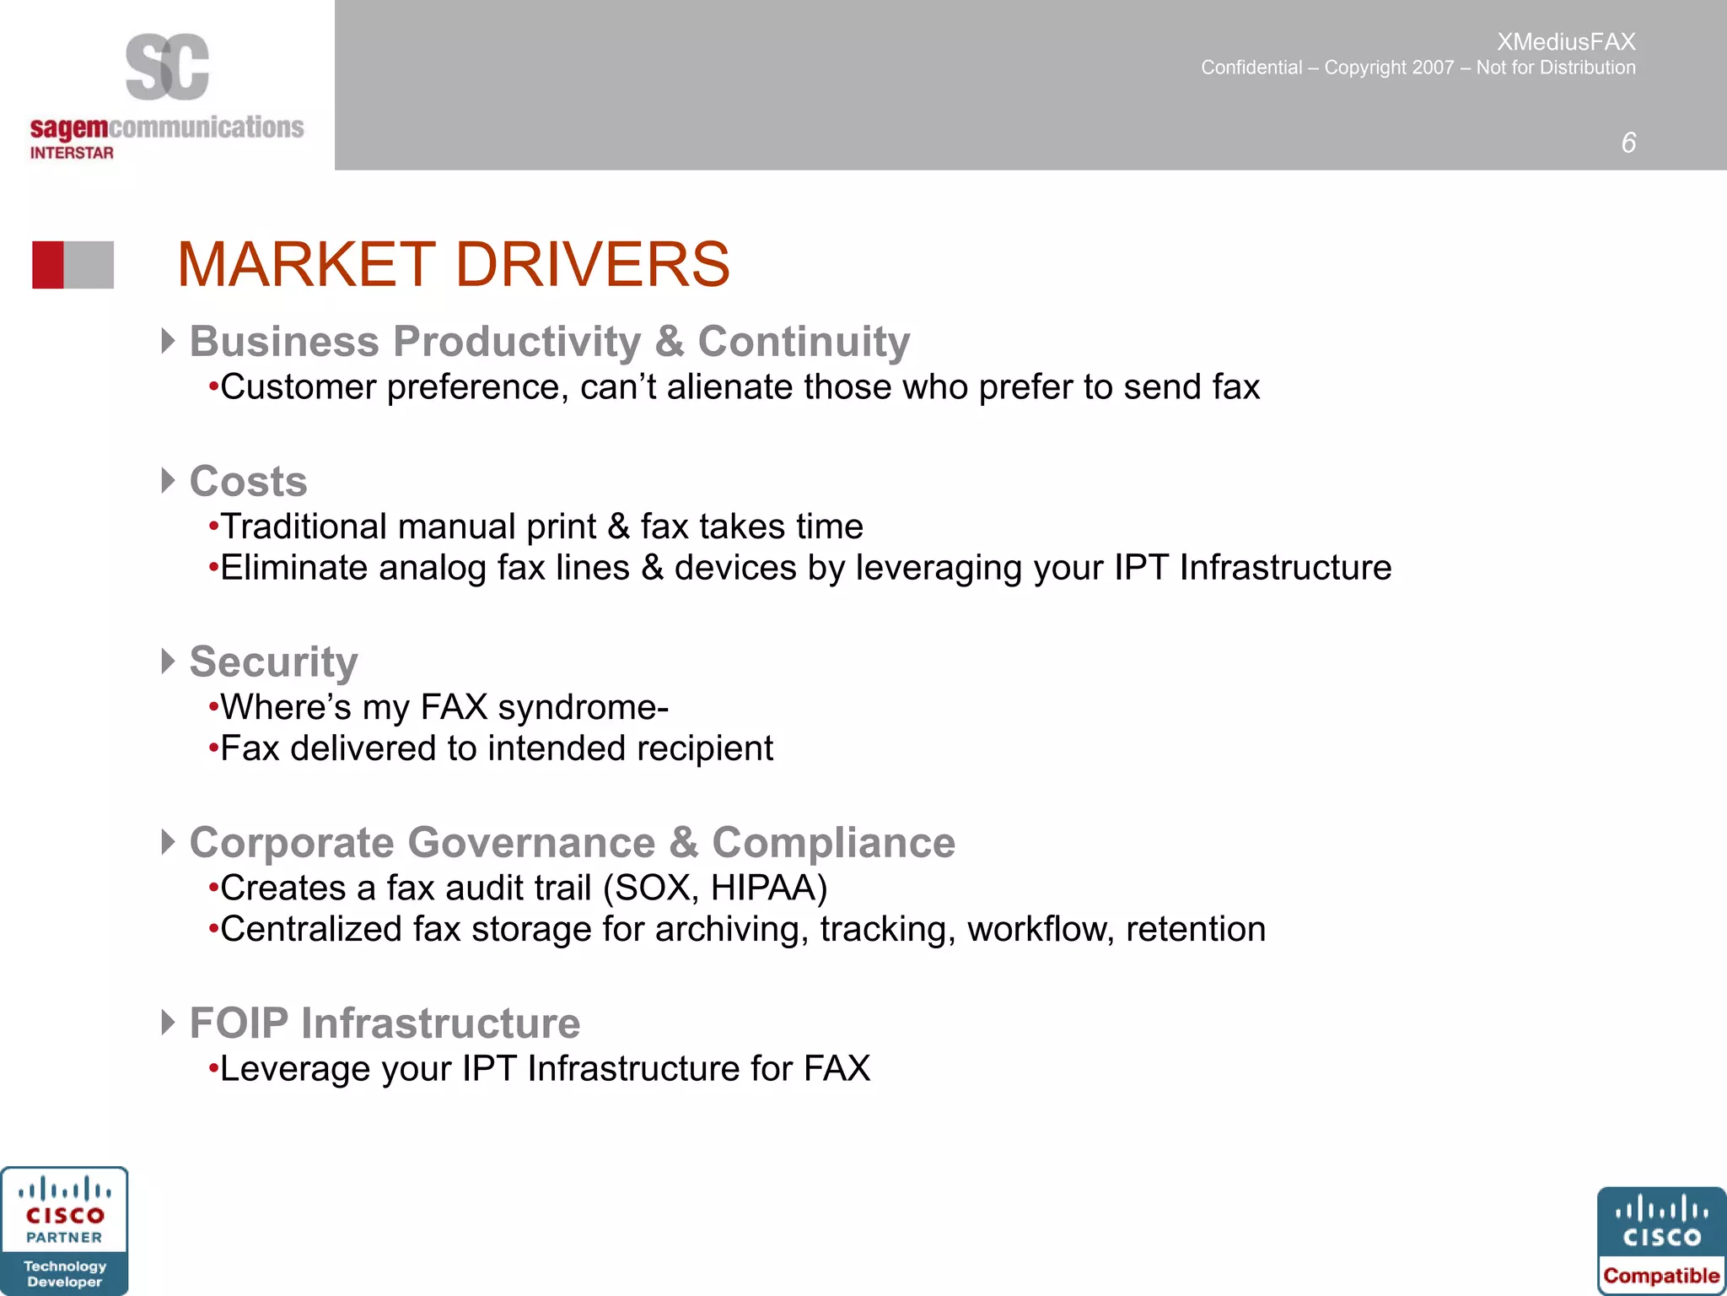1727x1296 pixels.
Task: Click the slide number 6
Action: click(x=1628, y=143)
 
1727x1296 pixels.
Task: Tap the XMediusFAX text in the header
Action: click(x=1566, y=41)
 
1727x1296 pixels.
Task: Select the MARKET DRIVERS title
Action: click(x=454, y=265)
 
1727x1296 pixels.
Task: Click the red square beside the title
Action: click(x=48, y=265)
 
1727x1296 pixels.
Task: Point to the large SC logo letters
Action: click(x=167, y=67)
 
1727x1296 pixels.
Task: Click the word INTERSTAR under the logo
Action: click(x=72, y=153)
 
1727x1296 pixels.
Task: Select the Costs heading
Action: click(x=248, y=481)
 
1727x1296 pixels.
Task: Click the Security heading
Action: click(x=273, y=661)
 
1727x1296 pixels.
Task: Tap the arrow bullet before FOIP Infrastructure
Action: click(x=168, y=1023)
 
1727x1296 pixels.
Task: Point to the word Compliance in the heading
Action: click(x=833, y=842)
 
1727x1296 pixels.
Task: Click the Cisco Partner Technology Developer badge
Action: click(x=65, y=1231)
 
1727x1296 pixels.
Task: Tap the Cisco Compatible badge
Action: click(x=1661, y=1240)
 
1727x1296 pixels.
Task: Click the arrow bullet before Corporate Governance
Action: click(x=168, y=842)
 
